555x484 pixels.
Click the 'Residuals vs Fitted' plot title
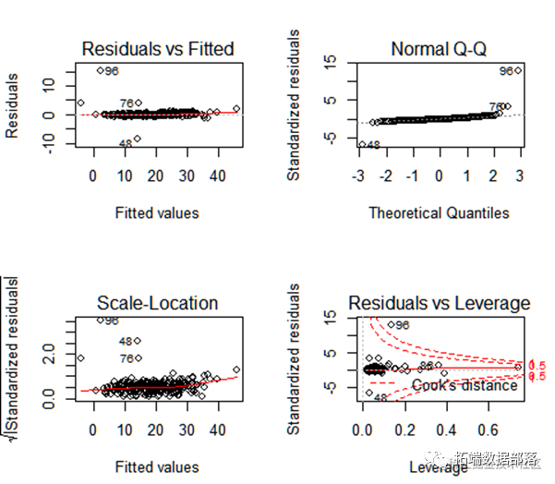coord(157,49)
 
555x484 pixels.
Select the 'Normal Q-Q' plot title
coord(439,49)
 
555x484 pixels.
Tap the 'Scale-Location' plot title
coord(157,303)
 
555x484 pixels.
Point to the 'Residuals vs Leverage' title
coord(439,303)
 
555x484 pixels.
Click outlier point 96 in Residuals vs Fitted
coord(101,70)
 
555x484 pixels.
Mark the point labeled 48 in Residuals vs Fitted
coord(138,139)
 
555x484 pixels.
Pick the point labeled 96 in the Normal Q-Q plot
coord(518,70)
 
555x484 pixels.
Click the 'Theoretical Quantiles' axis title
coord(439,213)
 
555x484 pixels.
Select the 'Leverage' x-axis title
coord(439,467)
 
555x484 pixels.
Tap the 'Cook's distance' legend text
coord(465,385)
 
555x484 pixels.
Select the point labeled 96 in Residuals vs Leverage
coord(390,325)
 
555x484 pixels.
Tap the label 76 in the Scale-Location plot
coord(128,358)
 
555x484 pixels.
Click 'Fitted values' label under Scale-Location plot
coord(157,467)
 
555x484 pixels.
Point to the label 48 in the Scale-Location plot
coord(128,341)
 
